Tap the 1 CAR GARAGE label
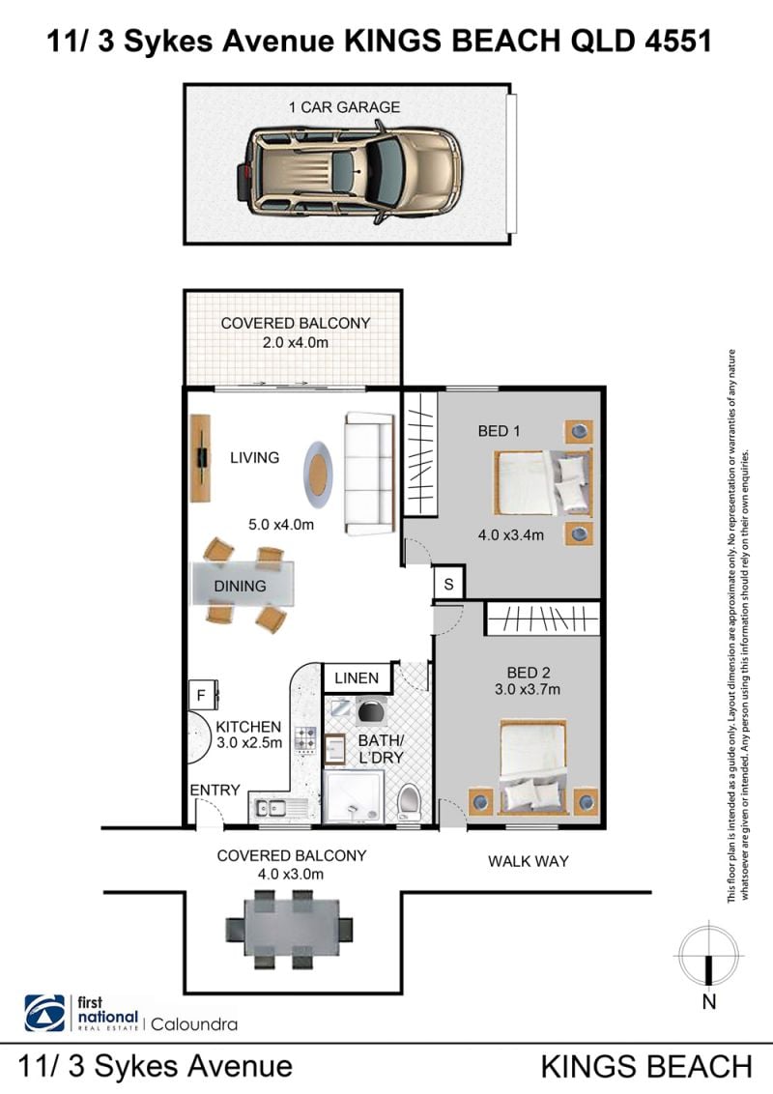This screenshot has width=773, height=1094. point(345,107)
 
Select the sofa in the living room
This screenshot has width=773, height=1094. point(369,473)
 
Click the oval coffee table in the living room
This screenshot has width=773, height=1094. point(318,475)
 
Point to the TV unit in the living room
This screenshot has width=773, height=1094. point(201,458)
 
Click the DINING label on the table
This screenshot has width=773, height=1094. point(240,586)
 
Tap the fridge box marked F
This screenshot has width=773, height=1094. point(202,695)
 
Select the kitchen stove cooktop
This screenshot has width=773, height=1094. point(305,739)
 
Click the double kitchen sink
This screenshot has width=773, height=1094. point(272,808)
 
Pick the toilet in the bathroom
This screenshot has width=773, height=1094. point(408,802)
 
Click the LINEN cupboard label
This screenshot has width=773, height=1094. point(357,678)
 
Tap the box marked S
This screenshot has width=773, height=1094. point(448,584)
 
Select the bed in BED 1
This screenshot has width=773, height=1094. point(543,482)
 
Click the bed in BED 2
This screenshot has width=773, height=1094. point(532,766)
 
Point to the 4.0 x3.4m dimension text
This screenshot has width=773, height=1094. point(511,535)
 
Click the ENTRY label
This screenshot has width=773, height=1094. point(215,790)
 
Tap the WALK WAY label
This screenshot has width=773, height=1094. point(529,861)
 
